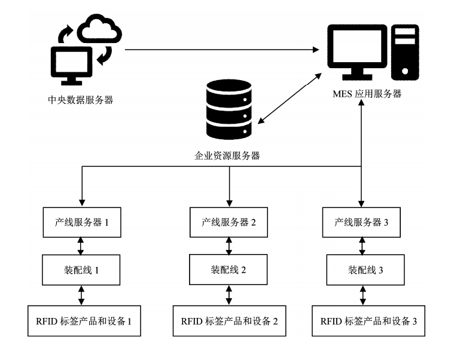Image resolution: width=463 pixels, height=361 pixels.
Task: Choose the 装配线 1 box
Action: [81, 270]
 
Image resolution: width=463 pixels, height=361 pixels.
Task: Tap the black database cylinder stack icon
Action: [227, 107]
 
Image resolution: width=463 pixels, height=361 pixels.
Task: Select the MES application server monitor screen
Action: [360, 48]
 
